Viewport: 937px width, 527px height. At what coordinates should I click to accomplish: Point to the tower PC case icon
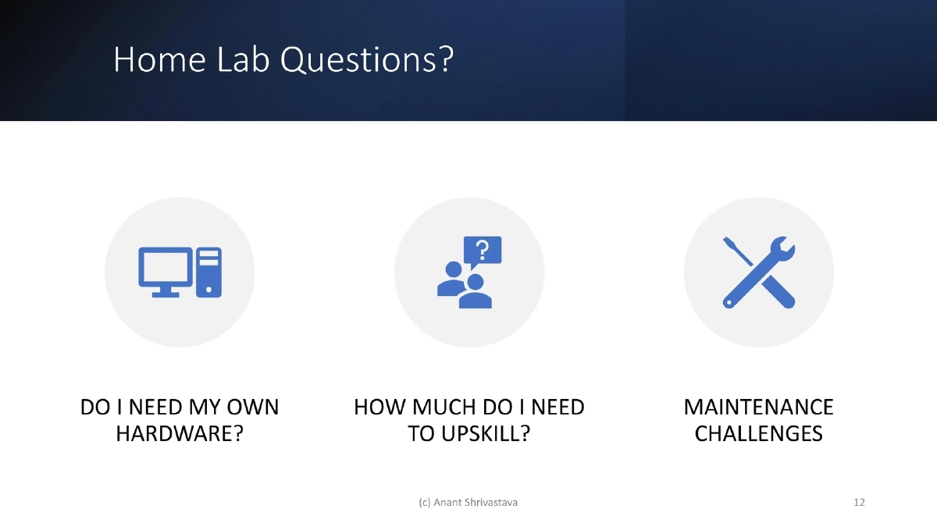point(209,272)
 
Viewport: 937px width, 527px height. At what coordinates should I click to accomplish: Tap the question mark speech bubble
point(483,251)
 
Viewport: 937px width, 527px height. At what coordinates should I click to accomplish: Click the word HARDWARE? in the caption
point(180,433)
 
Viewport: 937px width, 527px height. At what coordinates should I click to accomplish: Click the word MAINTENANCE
point(758,408)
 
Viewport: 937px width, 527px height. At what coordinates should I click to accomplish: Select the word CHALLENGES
point(758,433)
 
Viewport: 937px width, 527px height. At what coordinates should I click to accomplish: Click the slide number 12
point(859,502)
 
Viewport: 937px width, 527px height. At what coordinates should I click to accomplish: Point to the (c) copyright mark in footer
point(425,502)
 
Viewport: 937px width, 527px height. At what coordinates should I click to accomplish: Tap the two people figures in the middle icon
point(464,287)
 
